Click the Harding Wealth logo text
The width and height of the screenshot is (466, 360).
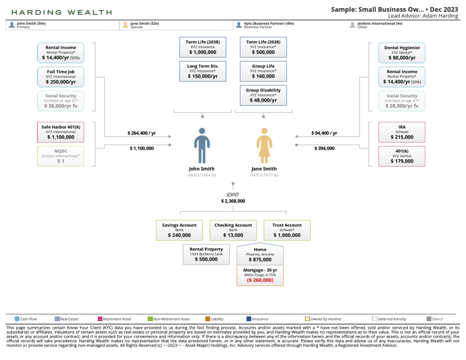(x=61, y=12)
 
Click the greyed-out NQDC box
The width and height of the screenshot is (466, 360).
(x=61, y=156)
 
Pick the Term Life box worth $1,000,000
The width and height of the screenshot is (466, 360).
(x=202, y=47)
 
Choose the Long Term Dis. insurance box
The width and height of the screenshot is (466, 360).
(x=202, y=71)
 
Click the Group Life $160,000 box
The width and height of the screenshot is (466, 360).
(x=263, y=71)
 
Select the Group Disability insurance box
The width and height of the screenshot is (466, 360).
(x=263, y=95)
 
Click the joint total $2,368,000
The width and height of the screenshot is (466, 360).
(x=233, y=201)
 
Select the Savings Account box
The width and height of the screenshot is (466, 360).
(x=179, y=230)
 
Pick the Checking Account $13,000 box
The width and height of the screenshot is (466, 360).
(x=233, y=230)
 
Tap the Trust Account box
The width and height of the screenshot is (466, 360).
(x=287, y=230)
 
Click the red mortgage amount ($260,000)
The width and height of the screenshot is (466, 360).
(x=259, y=281)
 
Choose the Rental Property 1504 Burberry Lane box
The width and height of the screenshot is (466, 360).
(x=206, y=255)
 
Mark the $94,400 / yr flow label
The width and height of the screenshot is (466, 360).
(x=324, y=134)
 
